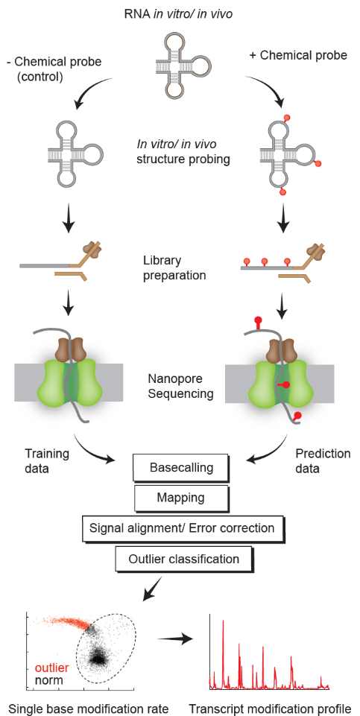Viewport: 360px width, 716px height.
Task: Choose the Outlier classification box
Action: [x=184, y=559]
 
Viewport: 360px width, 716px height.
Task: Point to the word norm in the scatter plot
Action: [x=48, y=682]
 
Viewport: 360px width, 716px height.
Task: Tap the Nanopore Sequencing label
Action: [x=180, y=386]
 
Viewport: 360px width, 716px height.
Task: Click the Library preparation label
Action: [x=174, y=268]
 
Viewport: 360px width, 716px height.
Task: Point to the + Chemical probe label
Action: [x=298, y=56]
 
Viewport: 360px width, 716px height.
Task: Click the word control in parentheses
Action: [x=40, y=76]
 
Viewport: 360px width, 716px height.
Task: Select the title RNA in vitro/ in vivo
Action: [x=179, y=14]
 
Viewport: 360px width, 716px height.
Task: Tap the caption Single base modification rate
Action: [x=89, y=709]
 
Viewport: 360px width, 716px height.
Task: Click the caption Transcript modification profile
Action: [x=270, y=709]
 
